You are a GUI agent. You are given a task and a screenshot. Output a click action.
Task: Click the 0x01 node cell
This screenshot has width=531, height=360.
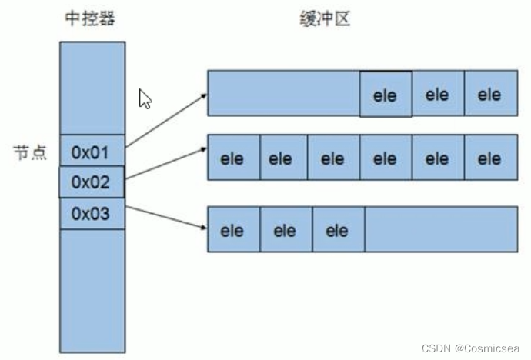92,152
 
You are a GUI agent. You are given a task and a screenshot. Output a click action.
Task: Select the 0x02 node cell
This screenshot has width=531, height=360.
92,182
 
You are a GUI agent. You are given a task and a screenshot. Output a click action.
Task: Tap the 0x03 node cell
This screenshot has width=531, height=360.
92,213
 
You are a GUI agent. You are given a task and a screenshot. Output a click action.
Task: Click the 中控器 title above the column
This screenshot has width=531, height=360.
92,19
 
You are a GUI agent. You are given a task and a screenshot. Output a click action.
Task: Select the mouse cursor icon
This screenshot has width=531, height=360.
145,98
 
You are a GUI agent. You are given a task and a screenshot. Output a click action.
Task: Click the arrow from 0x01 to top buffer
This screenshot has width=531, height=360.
166,119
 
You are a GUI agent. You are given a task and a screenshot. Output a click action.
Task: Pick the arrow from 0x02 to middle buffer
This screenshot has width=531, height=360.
166,164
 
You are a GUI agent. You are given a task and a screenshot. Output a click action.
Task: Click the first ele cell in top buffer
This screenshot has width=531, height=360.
385,95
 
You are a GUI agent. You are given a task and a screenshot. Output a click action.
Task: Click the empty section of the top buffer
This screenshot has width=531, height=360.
283,94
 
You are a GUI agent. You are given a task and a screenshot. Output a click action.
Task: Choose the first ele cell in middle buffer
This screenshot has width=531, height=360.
232,158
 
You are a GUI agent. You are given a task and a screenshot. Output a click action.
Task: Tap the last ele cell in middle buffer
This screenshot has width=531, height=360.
489,158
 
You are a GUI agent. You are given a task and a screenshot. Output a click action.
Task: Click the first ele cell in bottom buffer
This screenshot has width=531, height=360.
232,230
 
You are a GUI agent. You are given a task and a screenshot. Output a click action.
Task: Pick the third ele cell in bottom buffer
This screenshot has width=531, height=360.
337,230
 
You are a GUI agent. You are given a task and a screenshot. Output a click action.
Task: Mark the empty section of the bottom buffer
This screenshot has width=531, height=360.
440,229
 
